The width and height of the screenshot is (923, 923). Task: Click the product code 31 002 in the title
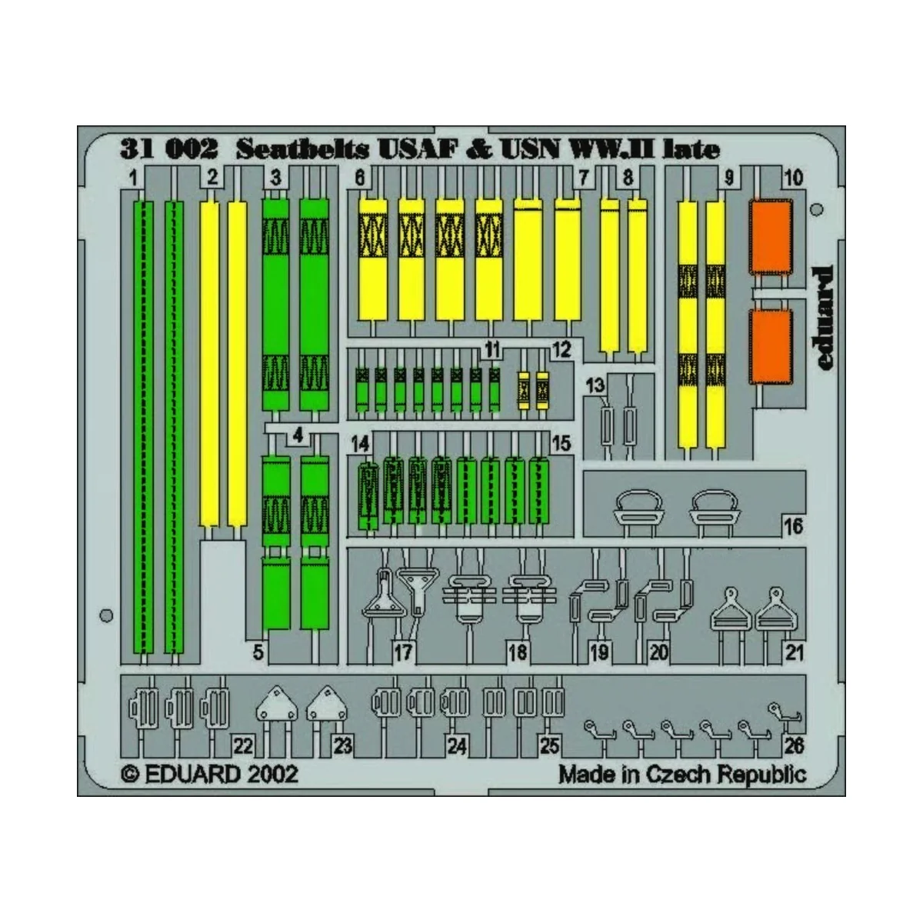click(x=164, y=150)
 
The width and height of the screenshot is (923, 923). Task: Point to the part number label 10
click(x=792, y=179)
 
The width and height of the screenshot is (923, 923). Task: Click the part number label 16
click(x=794, y=527)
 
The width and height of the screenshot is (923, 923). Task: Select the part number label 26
click(x=795, y=745)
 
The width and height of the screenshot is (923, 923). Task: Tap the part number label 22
click(x=243, y=745)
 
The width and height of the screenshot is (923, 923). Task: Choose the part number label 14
click(x=360, y=444)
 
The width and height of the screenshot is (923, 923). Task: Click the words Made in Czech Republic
click(x=682, y=774)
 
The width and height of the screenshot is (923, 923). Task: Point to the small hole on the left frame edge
click(x=107, y=615)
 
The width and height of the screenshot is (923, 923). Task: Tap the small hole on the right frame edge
click(x=818, y=210)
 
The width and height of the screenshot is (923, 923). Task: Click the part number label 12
click(x=561, y=350)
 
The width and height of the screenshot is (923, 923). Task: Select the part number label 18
click(x=518, y=653)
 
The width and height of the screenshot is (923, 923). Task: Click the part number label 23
click(x=342, y=745)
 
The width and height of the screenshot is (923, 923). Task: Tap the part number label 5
click(x=258, y=653)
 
